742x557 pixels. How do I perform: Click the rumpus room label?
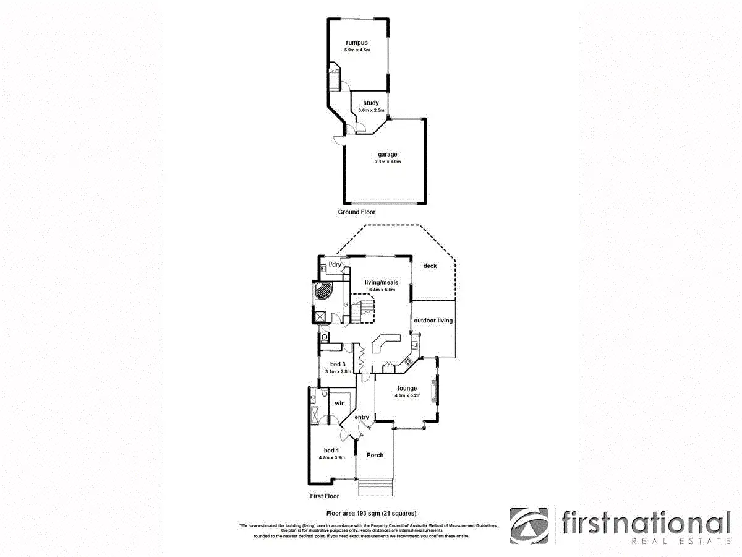357,43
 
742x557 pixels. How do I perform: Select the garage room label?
388,155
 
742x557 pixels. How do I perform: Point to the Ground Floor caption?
356,212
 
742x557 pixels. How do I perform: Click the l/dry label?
335,265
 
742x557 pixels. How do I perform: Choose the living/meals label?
382,282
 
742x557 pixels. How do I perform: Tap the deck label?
430,266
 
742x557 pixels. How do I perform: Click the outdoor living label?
433,321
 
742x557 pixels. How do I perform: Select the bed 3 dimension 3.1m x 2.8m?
338,372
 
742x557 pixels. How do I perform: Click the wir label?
339,403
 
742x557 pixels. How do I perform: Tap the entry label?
362,417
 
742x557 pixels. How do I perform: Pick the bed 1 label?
331,450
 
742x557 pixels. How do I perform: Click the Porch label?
375,455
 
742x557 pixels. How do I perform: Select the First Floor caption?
325,496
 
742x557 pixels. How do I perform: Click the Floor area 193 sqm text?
371,513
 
